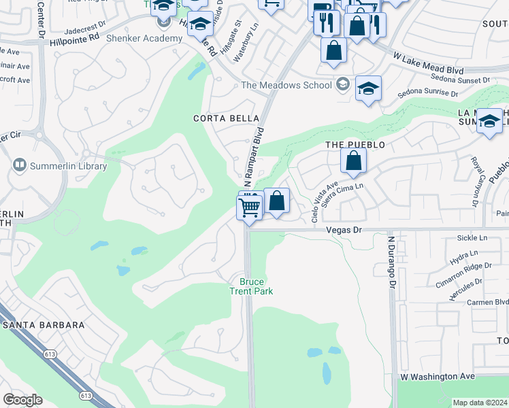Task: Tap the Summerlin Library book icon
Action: pyautogui.click(x=19, y=165)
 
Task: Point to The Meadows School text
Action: pyautogui.click(x=287, y=85)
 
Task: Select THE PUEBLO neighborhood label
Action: pyautogui.click(x=355, y=145)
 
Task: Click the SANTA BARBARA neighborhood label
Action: pyautogui.click(x=44, y=325)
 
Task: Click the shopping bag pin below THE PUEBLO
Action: pyautogui.click(x=353, y=162)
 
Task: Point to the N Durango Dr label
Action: pyautogui.click(x=391, y=262)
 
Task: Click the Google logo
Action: pyautogui.click(x=22, y=400)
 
